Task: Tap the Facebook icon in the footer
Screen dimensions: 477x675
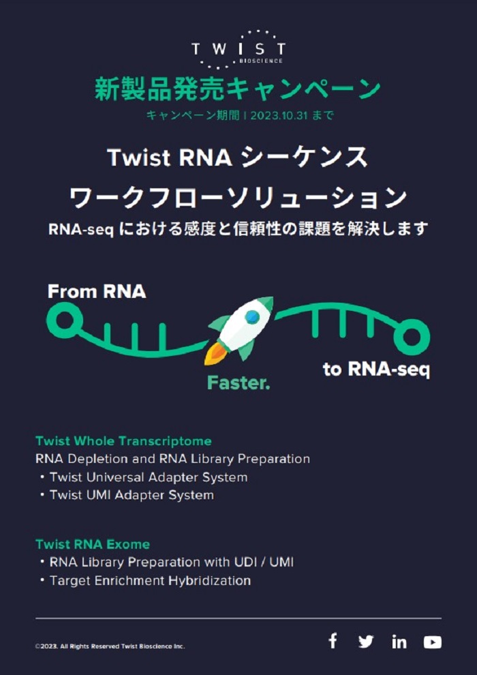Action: [333, 642]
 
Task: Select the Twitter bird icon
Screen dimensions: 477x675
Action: [366, 642]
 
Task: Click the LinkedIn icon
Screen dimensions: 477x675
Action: [399, 642]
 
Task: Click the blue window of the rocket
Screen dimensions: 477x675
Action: [252, 317]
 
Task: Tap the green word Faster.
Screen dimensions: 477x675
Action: [238, 382]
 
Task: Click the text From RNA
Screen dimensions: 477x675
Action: [97, 292]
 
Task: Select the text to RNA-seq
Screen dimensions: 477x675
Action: [376, 370]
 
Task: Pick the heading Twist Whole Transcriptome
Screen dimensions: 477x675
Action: [123, 441]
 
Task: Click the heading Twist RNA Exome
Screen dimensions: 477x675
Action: [93, 545]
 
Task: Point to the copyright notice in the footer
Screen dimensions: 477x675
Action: [110, 646]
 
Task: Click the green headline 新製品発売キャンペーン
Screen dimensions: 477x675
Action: [237, 89]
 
